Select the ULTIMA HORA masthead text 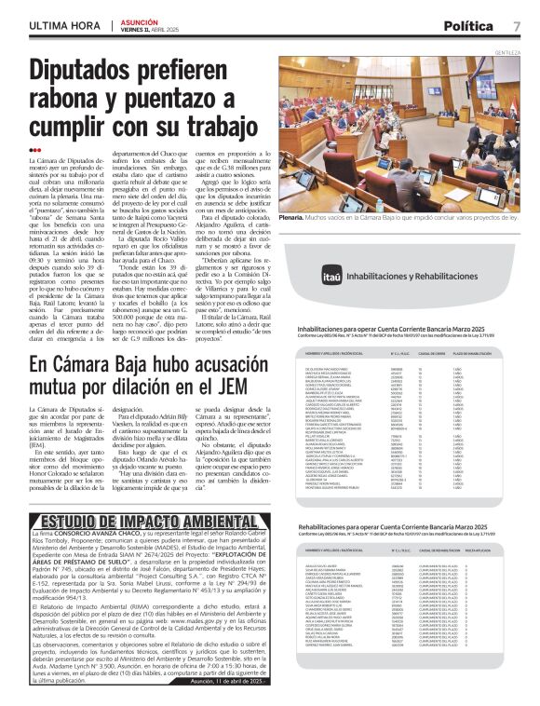point(64,26)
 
